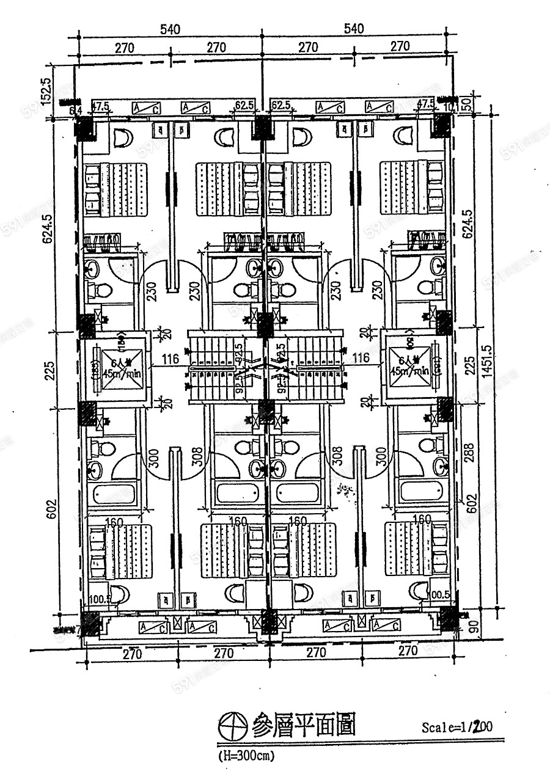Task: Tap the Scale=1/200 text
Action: click(457, 727)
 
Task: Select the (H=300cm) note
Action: click(246, 755)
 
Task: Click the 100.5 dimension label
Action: click(99, 599)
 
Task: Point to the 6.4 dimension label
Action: click(76, 110)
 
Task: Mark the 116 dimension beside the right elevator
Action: click(362, 358)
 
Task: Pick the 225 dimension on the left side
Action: click(48, 370)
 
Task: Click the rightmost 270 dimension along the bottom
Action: click(408, 651)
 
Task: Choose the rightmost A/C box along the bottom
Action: click(387, 626)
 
